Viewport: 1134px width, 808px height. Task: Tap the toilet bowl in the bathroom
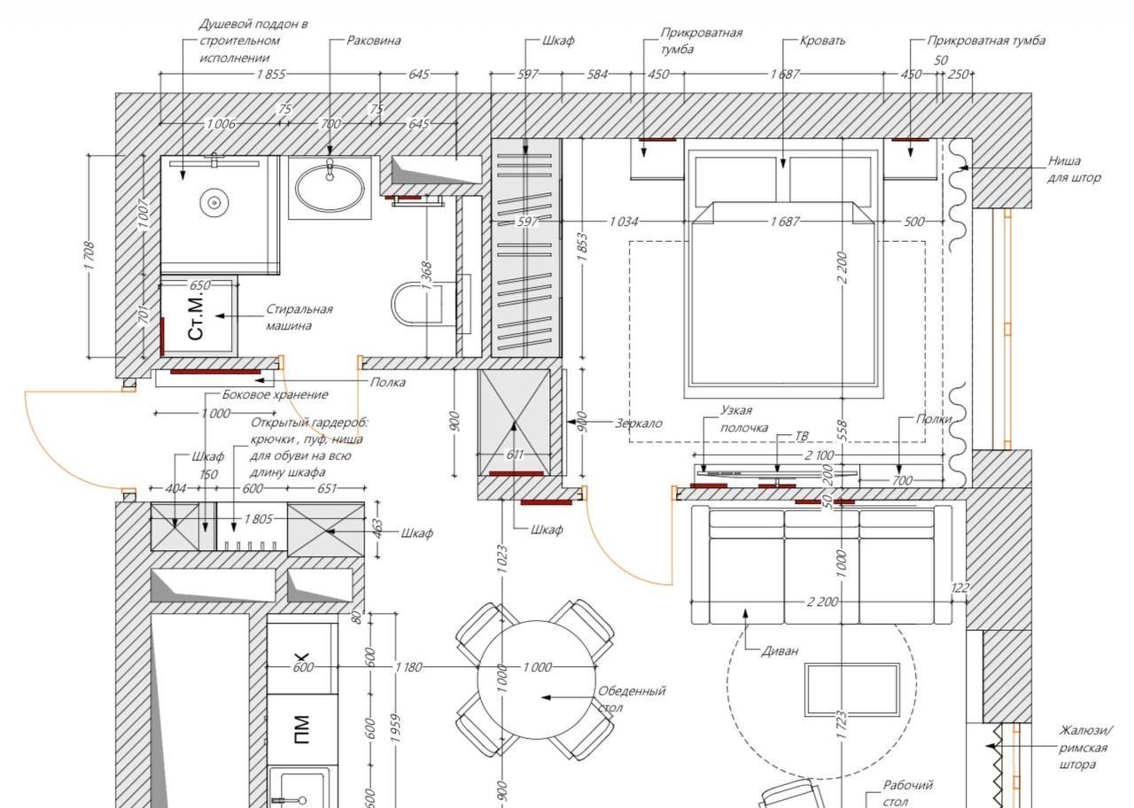coord(416,304)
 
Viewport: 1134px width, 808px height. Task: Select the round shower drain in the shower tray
coord(214,203)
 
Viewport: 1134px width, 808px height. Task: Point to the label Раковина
coord(374,41)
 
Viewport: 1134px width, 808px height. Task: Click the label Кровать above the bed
coord(823,41)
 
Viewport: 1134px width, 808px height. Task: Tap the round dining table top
coord(537,680)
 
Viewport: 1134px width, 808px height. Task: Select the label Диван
coord(781,650)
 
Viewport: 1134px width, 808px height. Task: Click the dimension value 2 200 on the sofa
coord(823,602)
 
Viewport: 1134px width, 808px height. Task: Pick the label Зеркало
coord(639,423)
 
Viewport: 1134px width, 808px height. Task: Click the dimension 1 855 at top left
coord(271,74)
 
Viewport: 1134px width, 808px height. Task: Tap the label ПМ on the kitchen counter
coord(302,729)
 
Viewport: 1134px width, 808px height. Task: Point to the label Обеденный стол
coord(632,699)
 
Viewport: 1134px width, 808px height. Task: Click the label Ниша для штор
coord(1074,169)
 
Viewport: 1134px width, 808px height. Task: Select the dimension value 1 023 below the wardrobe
coord(501,559)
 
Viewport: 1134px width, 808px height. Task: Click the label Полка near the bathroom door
coord(388,382)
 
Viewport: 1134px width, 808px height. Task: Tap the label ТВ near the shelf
coord(802,436)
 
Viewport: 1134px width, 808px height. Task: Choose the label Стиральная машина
coord(299,317)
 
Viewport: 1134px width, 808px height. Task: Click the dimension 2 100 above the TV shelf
coord(819,455)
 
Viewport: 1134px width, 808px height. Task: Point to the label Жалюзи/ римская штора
coord(1086,747)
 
